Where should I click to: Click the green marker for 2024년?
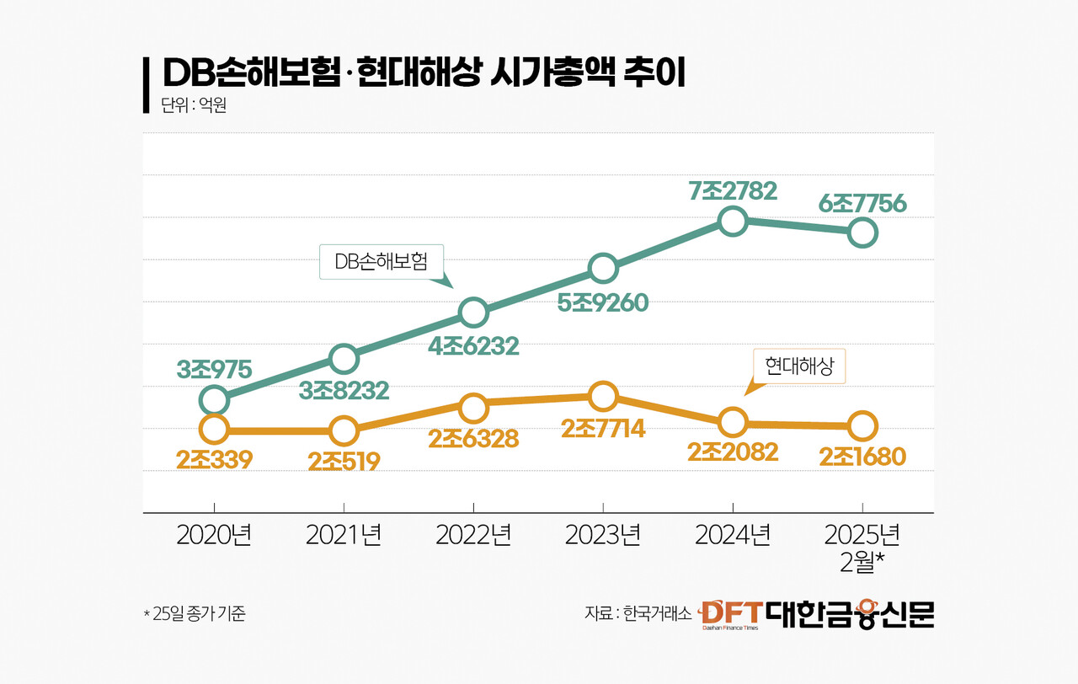(733, 222)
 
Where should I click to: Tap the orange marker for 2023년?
(603, 396)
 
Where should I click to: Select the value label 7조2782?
(732, 190)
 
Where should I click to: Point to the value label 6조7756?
(862, 203)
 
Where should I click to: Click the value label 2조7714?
(603, 428)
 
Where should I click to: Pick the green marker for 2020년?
(215, 399)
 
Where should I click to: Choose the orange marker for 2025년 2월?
(862, 425)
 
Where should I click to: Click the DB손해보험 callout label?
(382, 261)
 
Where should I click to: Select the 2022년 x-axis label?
(473, 536)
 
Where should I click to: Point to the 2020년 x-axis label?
(215, 536)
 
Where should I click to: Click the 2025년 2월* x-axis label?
(862, 548)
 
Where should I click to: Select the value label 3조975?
(214, 368)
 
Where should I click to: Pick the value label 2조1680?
(862, 457)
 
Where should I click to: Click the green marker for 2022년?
(473, 313)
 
